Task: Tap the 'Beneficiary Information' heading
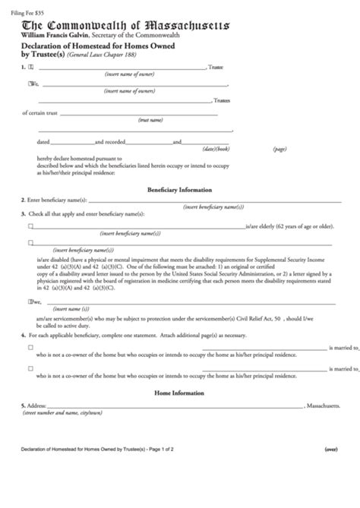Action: (179, 189)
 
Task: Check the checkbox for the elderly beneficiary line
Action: (30, 226)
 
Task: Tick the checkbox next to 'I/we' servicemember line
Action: (30, 301)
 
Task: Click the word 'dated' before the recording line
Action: (44, 142)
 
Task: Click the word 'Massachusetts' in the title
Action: (177, 23)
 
